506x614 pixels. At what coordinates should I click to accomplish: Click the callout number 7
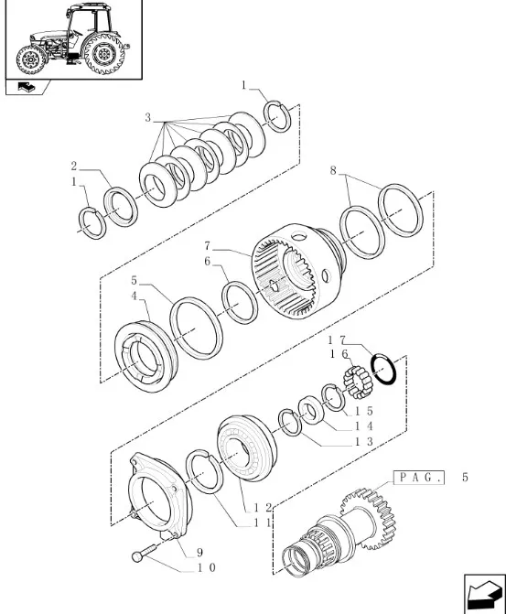point(208,246)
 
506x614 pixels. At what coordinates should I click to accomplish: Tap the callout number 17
point(337,340)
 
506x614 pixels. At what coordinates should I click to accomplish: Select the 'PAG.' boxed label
point(418,478)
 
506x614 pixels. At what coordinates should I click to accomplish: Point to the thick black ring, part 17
point(383,369)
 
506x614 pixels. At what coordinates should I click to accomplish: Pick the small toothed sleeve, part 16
point(359,382)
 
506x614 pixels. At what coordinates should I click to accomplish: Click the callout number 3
point(147,117)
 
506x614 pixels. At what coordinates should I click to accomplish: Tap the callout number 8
point(333,171)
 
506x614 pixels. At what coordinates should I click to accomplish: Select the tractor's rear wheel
point(105,53)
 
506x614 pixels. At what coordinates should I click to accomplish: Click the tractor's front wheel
point(31,59)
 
